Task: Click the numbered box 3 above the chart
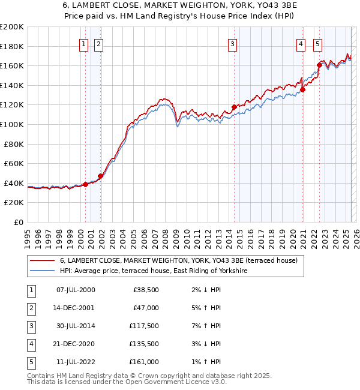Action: click(232, 43)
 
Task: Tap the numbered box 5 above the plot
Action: click(317, 43)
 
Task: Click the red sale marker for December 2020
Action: click(303, 90)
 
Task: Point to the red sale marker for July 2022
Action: click(319, 65)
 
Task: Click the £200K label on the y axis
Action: click(12, 27)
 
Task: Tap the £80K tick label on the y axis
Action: click(14, 144)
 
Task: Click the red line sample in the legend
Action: click(42, 260)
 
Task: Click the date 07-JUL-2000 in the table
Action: click(75, 290)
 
